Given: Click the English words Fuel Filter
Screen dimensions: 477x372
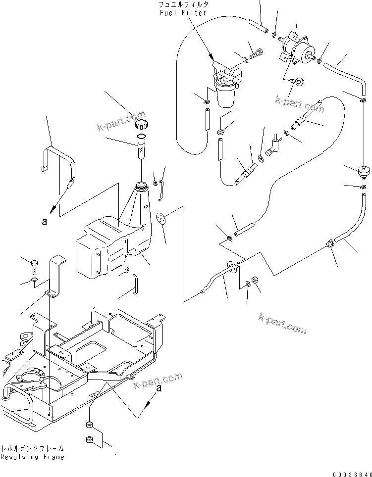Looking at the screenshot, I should pyautogui.click(x=182, y=13).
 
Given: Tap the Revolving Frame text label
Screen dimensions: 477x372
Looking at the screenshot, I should pyautogui.click(x=32, y=457).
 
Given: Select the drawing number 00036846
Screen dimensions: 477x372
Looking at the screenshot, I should pyautogui.click(x=352, y=473).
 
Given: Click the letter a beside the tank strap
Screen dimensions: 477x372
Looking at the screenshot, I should pyautogui.click(x=45, y=222).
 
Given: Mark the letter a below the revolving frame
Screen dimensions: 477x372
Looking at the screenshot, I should pyautogui.click(x=158, y=389).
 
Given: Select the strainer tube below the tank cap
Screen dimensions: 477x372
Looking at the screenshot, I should pyautogui.click(x=142, y=145).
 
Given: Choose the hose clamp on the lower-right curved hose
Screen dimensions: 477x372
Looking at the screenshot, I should pyautogui.click(x=331, y=243).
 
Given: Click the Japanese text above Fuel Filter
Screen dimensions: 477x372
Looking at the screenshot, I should pyautogui.click(x=183, y=4).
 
